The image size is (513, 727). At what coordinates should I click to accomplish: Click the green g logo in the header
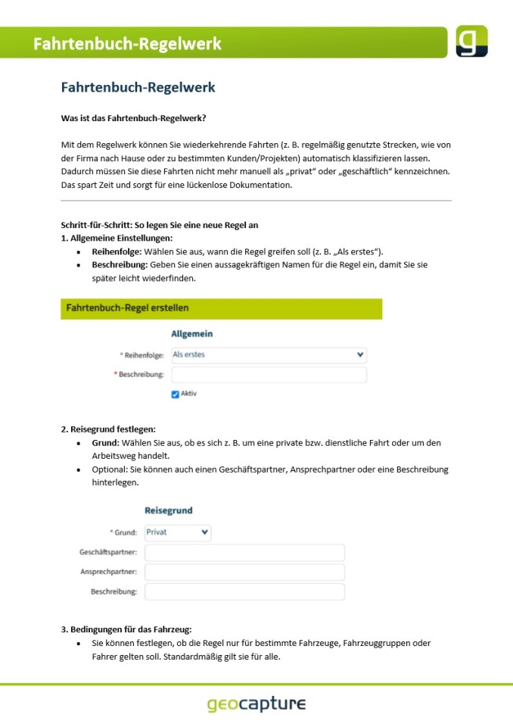tap(471, 41)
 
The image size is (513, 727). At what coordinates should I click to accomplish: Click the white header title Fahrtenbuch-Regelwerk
tap(127, 44)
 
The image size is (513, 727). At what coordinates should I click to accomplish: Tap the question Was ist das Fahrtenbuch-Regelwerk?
tap(133, 118)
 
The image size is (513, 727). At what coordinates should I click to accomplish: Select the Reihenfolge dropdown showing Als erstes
tap(269, 354)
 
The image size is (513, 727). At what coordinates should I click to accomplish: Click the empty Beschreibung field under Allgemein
tap(269, 375)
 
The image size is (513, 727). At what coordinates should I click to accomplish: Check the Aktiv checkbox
tap(176, 394)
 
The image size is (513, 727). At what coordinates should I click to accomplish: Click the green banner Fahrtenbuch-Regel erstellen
tap(221, 308)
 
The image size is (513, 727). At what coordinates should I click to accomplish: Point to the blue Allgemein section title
tap(192, 333)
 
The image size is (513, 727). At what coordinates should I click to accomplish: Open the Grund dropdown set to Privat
tap(178, 532)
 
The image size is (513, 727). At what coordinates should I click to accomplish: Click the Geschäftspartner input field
tap(244, 553)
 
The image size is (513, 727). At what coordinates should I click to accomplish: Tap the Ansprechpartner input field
tap(244, 572)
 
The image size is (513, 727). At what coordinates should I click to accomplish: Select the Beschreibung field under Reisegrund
tap(244, 591)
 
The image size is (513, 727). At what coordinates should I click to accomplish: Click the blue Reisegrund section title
tap(169, 511)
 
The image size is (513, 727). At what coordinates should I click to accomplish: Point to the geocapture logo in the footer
tap(256, 704)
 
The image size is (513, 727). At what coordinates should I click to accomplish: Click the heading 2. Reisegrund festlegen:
tap(108, 429)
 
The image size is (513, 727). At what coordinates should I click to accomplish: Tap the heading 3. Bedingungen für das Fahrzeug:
tap(126, 629)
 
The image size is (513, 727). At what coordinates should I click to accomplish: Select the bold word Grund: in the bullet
tap(105, 442)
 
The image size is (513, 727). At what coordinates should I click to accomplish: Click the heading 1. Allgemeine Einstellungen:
tap(117, 238)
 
